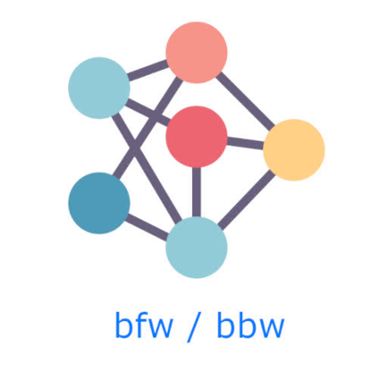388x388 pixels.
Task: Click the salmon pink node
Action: [197, 53]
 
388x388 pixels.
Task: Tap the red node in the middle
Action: [197, 137]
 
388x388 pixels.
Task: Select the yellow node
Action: [294, 150]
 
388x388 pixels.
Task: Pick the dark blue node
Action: [99, 203]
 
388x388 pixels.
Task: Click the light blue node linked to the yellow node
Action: [197, 248]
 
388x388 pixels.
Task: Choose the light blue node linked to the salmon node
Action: [99, 88]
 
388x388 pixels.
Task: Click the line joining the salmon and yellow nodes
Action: [245, 101]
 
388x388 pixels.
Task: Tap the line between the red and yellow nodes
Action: [245, 143]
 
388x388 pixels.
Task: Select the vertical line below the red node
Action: [197, 192]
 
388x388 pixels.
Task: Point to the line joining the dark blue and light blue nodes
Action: [148, 225]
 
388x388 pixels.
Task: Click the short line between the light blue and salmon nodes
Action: [148, 71]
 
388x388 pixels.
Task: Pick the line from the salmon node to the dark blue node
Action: [148, 129]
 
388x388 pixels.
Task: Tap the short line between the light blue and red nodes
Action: [148, 113]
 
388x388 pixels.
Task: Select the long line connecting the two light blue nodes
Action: [148, 167]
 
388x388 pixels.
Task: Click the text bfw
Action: [144, 325]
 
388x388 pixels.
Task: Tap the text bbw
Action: [250, 325]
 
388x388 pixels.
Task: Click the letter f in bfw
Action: [142, 325]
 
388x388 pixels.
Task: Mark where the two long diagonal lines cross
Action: [135, 147]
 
